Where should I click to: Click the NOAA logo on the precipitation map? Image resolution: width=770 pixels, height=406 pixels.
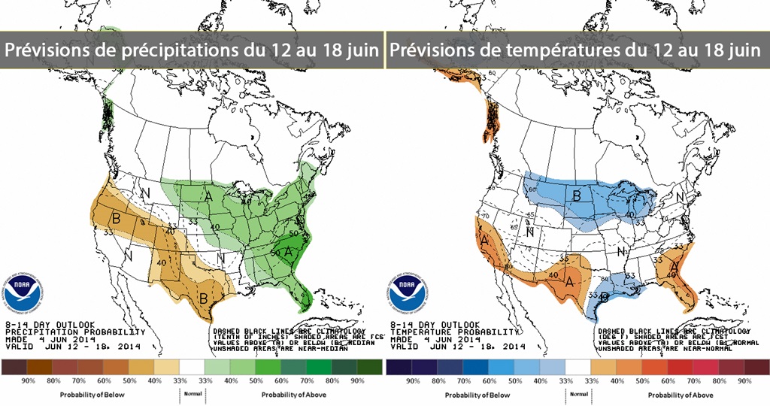pos(21,289)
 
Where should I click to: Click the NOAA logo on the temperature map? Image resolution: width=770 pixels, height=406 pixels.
pos(406,289)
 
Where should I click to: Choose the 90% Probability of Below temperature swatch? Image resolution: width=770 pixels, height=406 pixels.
pos(412,367)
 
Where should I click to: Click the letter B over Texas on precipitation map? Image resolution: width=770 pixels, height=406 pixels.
pos(202,298)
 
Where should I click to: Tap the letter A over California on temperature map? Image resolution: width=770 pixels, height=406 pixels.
pos(486,242)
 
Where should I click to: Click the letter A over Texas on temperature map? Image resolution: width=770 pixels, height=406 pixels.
pos(571,282)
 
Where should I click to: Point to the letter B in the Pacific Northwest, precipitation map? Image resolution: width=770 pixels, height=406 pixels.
pos(117,218)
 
